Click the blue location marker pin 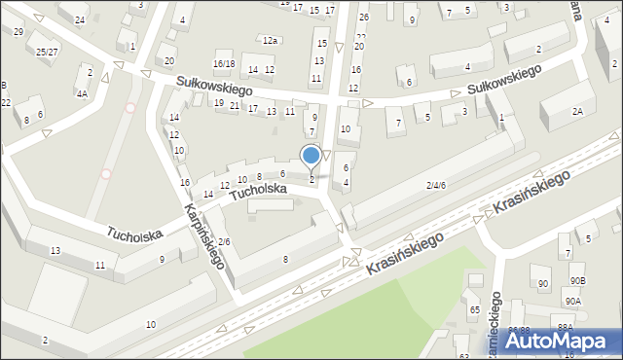pos(311,156)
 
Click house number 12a pos(270,40)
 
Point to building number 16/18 pos(224,63)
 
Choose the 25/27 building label pos(46,52)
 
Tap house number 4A pos(83,93)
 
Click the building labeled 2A pos(577,112)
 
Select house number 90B pos(578,281)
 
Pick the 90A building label pos(573,302)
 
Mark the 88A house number pos(567,327)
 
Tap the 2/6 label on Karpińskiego pos(224,241)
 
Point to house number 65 pos(475,309)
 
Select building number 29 pos(18,31)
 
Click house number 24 pos(80,19)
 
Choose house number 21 pos(235,104)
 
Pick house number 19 pos(219,102)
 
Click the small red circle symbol pos(106,174)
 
